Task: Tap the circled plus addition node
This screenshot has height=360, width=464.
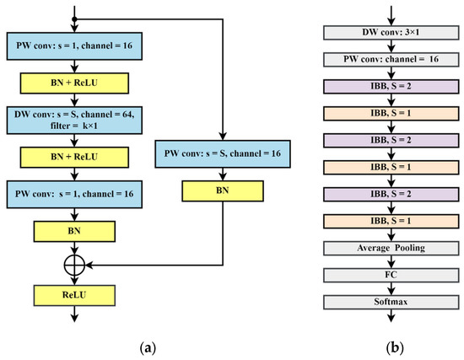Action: tap(77, 264)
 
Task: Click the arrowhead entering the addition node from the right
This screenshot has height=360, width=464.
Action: tap(89, 264)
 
